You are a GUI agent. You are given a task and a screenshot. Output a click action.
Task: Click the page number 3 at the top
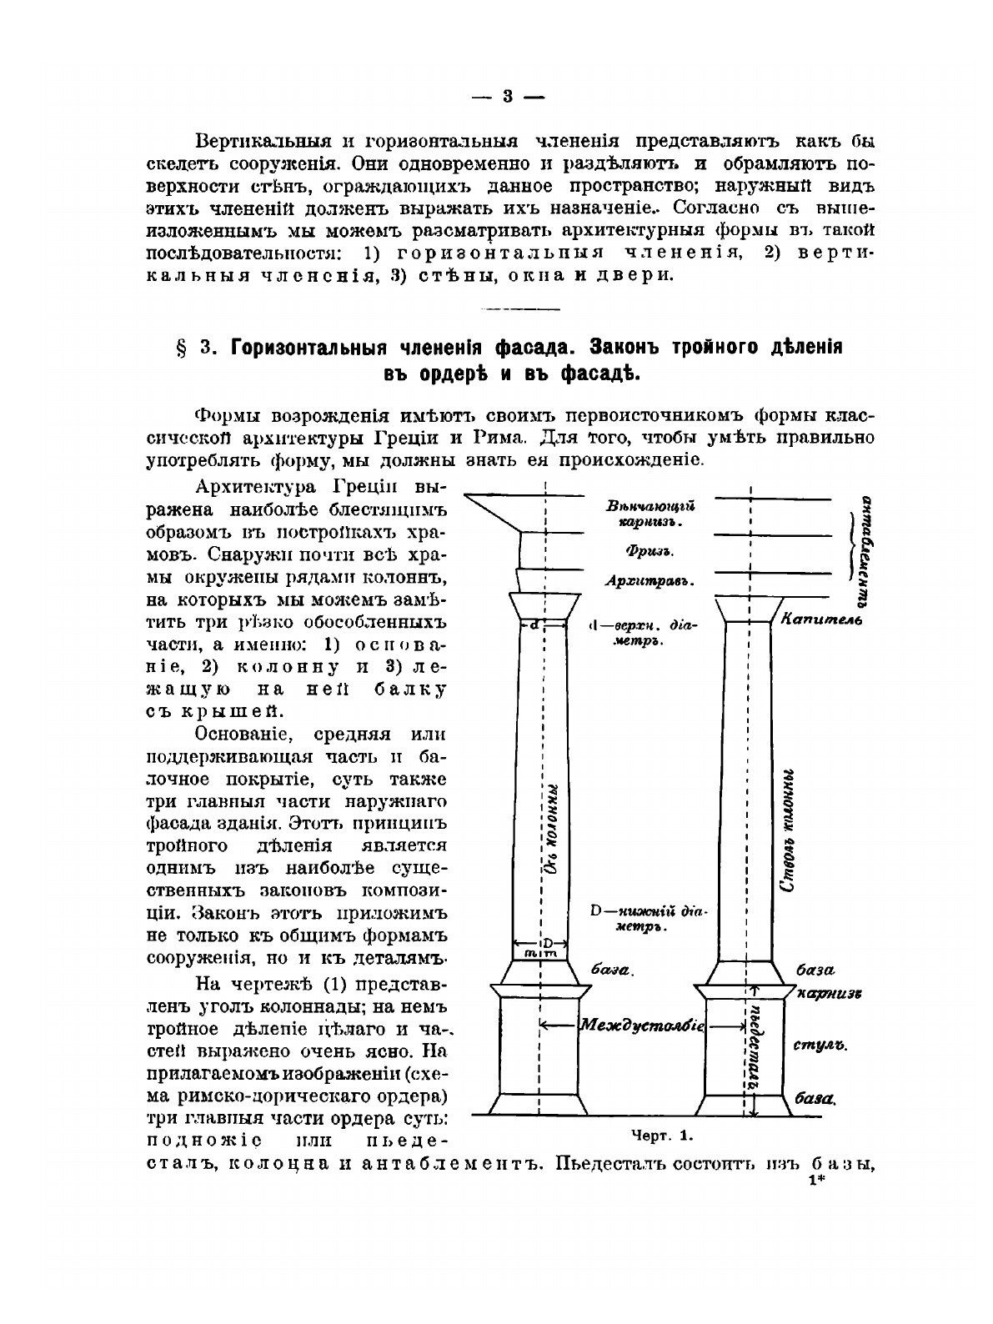[x=508, y=97]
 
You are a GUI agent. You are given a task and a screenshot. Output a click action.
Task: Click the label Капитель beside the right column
[x=813, y=619]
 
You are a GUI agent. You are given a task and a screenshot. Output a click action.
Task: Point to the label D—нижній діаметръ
[x=647, y=918]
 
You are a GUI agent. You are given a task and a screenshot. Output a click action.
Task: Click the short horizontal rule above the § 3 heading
[x=509, y=310]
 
